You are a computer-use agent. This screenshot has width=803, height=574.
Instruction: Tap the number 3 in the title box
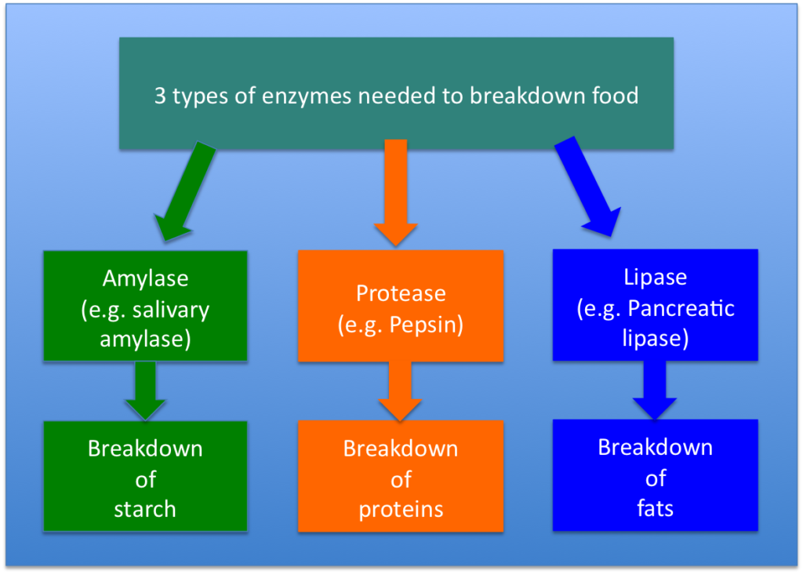pos(159,96)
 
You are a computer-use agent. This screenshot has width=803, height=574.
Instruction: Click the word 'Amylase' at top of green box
pos(145,278)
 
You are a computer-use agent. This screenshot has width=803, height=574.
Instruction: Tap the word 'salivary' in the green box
pos(170,309)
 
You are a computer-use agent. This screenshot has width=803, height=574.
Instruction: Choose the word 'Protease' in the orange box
pos(401,293)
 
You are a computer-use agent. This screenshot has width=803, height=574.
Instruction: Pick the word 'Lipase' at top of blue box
pos(655,277)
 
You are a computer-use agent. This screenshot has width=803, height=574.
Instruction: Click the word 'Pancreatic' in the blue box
pos(681,307)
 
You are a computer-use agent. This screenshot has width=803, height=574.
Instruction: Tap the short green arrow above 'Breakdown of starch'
pos(145,391)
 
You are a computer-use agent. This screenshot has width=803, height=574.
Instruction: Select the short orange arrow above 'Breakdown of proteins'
pos(400,391)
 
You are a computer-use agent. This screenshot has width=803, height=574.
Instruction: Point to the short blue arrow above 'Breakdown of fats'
pos(655,390)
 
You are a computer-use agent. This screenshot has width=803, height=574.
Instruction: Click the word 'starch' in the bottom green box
pos(145,509)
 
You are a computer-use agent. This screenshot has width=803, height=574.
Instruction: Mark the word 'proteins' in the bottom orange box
pos(401,509)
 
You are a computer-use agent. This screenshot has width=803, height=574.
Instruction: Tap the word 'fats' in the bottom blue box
pos(655,508)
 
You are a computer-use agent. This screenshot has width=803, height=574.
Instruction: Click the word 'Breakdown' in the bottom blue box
pos(655,447)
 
